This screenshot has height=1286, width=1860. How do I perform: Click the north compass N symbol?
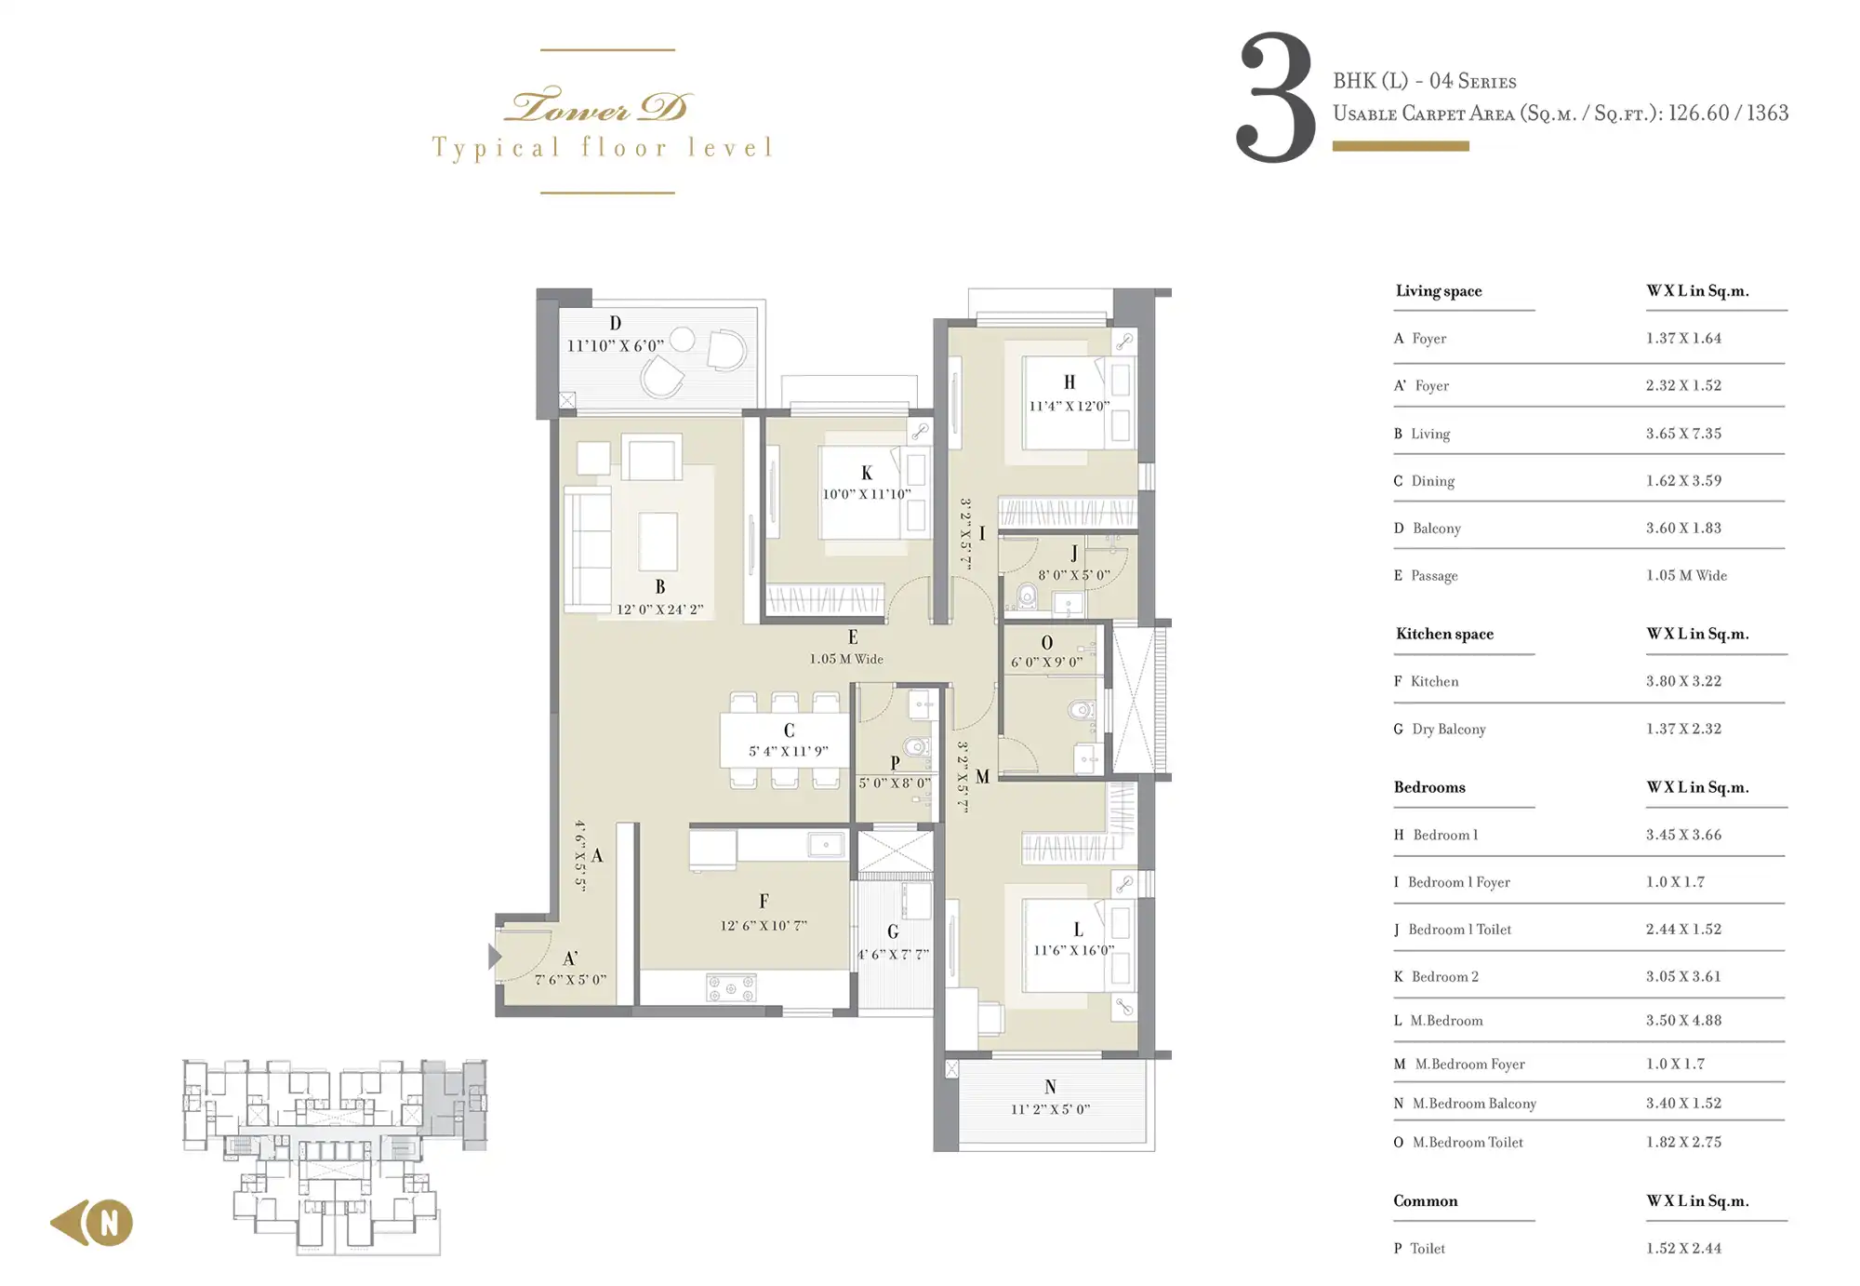pos(110,1223)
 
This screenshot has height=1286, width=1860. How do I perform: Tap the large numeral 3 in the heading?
pos(1275,97)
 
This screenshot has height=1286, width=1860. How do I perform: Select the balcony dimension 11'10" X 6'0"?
pos(616,345)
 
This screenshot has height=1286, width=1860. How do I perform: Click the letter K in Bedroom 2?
pos(867,473)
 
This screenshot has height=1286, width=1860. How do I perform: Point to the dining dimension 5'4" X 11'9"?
pos(789,751)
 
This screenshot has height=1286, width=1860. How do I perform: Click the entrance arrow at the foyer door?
pos(495,956)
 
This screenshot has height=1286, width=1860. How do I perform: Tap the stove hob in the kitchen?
pos(731,988)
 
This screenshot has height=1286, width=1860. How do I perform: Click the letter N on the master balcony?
pos(1050,1087)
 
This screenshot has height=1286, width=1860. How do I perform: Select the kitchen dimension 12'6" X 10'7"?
pos(764,925)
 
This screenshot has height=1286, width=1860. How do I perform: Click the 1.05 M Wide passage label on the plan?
pos(846,659)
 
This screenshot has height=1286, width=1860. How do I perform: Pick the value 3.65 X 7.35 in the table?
pos(1683,434)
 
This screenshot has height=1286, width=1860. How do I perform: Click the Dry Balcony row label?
pos(1448,730)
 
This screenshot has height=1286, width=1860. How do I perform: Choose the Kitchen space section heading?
pos(1444,634)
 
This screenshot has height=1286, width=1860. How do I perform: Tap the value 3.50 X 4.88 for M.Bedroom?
pos(1683,1020)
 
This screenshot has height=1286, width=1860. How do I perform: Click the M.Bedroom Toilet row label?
pos(1468,1142)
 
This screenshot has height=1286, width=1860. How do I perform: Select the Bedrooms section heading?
pos(1429,787)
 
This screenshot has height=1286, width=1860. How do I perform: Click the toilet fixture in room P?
pos(917,746)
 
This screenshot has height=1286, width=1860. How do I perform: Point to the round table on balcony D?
pos(683,340)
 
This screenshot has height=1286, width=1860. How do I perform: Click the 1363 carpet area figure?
pos(1767,113)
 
